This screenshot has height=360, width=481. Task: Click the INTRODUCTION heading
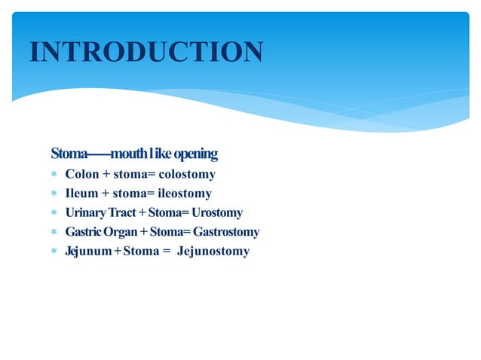[146, 51]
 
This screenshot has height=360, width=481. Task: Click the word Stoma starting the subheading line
[69, 154]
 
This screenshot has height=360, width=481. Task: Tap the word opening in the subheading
[195, 154]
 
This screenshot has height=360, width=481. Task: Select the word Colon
[82, 175]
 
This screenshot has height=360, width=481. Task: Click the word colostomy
[187, 175]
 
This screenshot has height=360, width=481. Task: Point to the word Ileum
[81, 194]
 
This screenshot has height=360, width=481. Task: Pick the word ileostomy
[185, 194]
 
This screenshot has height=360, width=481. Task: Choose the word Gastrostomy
[226, 232]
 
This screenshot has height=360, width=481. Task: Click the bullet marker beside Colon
[54, 175]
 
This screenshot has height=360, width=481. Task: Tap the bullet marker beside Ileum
[54, 194]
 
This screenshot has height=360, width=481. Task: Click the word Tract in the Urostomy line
[123, 213]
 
